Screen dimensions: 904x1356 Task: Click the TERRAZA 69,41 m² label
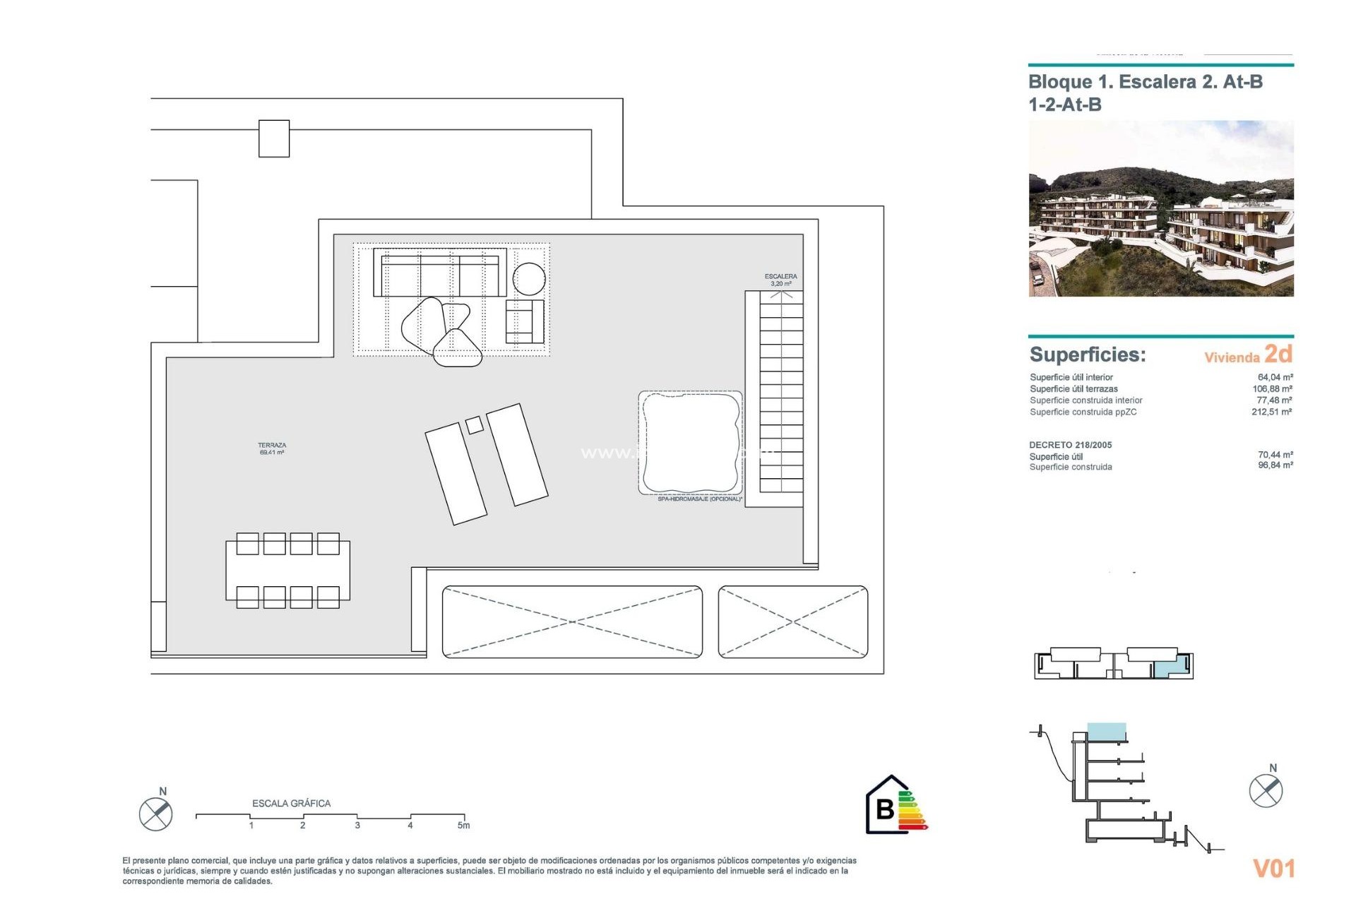click(x=272, y=449)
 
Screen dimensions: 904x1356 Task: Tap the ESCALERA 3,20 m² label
click(x=780, y=280)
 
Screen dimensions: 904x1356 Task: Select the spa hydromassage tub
click(x=690, y=443)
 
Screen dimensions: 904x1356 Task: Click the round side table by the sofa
click(x=529, y=278)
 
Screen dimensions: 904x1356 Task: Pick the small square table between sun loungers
click(x=475, y=425)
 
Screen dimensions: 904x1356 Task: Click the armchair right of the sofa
click(x=524, y=321)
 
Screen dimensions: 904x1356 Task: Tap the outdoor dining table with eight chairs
click(x=287, y=571)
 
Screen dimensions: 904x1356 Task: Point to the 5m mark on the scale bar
click(x=463, y=825)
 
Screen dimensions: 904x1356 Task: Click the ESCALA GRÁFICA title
click(x=291, y=803)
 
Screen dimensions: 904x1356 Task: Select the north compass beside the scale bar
click(x=156, y=814)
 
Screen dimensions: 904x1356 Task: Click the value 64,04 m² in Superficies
click(x=1275, y=377)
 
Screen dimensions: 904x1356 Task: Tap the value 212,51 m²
click(x=1271, y=412)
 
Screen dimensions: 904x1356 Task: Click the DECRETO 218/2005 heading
click(x=1070, y=445)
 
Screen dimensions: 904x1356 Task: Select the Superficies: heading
click(x=1087, y=355)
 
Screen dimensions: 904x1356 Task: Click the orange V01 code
click(x=1273, y=869)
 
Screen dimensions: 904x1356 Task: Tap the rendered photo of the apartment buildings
click(x=1160, y=208)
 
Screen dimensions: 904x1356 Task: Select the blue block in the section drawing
click(x=1106, y=732)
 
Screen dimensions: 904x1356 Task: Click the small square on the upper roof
click(x=274, y=138)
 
